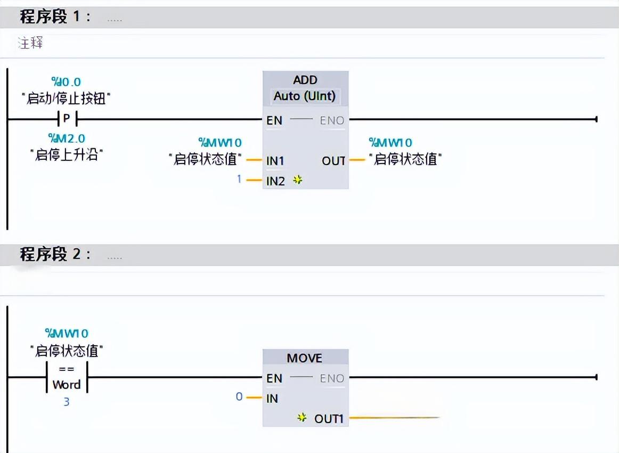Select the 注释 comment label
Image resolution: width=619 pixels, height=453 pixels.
tap(30, 43)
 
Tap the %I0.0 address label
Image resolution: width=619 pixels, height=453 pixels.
tap(66, 82)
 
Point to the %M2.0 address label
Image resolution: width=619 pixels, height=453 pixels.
tap(66, 139)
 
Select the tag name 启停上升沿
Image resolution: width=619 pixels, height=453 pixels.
tap(66, 155)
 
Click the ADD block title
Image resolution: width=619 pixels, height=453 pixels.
tap(305, 80)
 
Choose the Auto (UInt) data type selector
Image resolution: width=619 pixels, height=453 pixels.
tap(305, 96)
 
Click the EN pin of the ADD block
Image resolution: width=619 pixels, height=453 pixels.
tap(274, 120)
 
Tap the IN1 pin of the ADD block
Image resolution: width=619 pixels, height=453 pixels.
tap(275, 160)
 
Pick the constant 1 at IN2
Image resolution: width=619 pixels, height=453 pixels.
tap(240, 180)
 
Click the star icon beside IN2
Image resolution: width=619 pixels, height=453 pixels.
tap(298, 180)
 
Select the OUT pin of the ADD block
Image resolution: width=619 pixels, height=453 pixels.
tap(333, 160)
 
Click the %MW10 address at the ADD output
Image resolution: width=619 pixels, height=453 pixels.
tap(390, 142)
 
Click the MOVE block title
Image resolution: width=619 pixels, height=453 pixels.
tap(305, 358)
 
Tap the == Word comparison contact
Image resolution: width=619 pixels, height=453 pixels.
tap(67, 377)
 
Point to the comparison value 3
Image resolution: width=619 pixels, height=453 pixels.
tap(67, 402)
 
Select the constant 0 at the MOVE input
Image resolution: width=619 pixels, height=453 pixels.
tap(239, 397)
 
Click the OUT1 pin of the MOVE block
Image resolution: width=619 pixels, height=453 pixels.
tap(328, 418)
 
